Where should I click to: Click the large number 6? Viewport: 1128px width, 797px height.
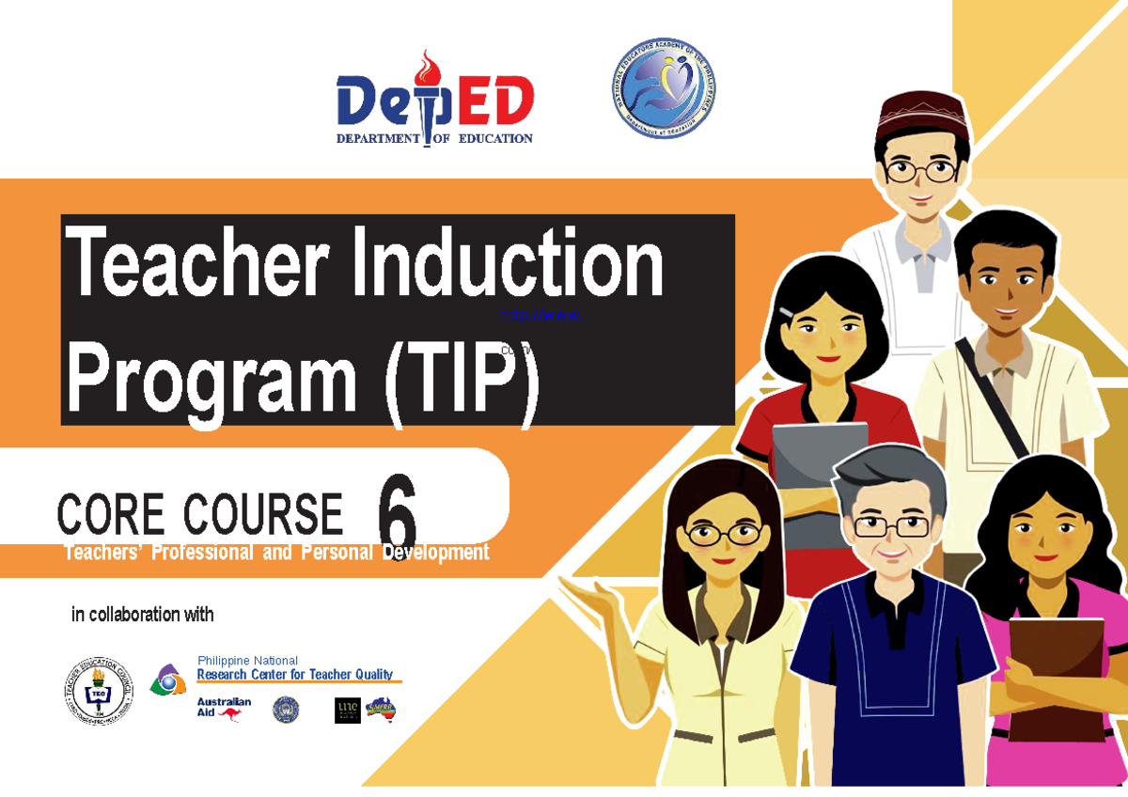(x=396, y=513)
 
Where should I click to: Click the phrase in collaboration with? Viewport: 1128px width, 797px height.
(x=143, y=616)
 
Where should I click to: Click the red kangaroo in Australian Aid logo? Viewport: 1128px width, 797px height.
(x=229, y=714)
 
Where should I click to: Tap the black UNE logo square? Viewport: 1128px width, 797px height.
(x=347, y=711)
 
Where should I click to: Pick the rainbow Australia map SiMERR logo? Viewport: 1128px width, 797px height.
(x=382, y=710)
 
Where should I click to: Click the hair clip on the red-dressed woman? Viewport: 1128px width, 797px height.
(x=785, y=312)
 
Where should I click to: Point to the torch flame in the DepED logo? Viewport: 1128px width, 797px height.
(x=429, y=67)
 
